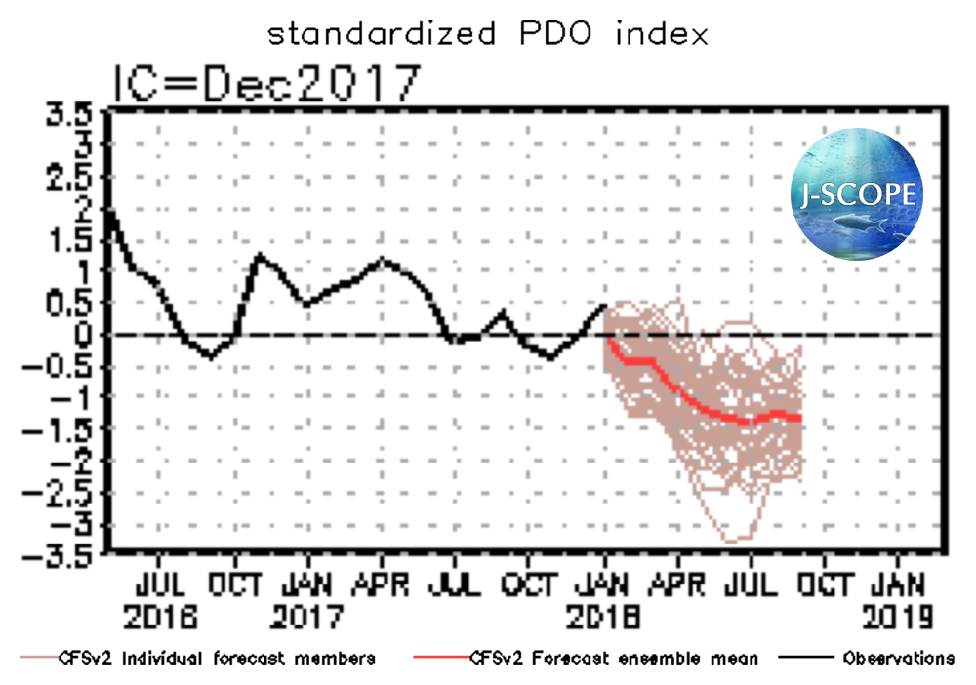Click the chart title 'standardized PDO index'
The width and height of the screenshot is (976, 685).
coord(487,34)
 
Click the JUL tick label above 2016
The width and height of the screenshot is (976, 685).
coord(160,584)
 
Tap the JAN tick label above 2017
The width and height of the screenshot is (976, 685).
coord(307,584)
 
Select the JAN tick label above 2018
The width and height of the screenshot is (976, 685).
coord(605,584)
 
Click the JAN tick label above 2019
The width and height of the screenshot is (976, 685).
coord(899,584)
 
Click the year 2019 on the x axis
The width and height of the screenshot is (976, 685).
coord(899,617)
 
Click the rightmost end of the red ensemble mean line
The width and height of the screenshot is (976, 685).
coord(800,418)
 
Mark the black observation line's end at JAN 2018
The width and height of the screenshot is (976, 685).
coord(605,306)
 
